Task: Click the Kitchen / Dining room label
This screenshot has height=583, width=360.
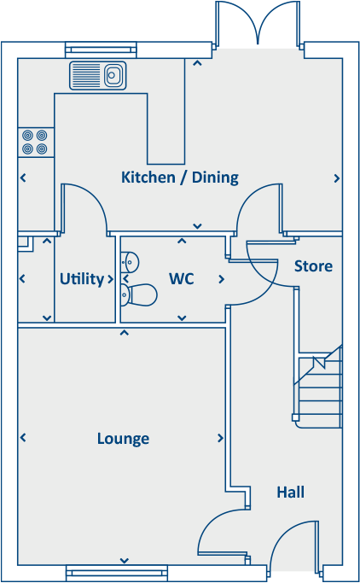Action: [x=180, y=178]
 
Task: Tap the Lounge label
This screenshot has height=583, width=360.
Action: [x=123, y=439]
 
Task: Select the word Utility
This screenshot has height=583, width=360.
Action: [x=82, y=279]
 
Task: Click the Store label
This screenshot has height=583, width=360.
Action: [x=313, y=266]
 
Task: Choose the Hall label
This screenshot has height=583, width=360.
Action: [x=290, y=493]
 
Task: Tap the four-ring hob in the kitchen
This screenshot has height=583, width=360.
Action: [x=35, y=142]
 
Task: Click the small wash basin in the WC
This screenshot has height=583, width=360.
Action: [x=131, y=260]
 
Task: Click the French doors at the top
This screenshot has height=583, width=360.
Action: [x=259, y=24]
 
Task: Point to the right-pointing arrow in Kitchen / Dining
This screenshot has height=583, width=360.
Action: [x=337, y=178]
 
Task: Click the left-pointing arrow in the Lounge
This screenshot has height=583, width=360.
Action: [x=23, y=438]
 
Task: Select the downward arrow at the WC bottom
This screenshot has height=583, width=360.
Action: [x=181, y=318]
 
